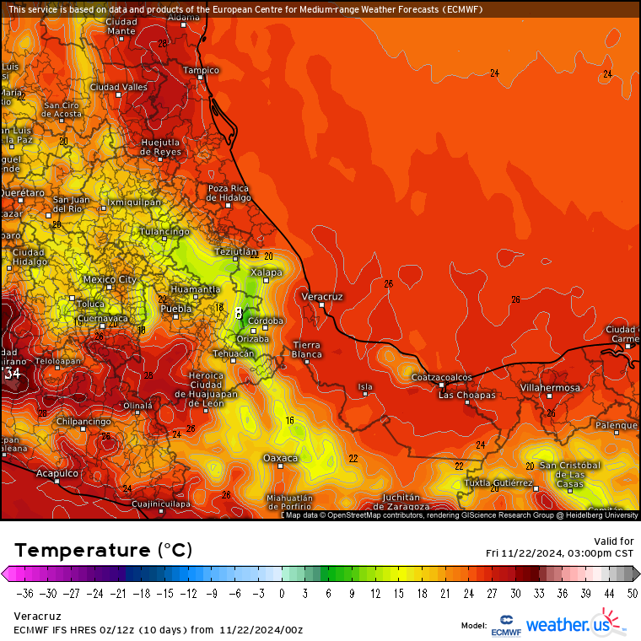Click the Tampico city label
[201, 70]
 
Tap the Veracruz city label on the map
[322, 297]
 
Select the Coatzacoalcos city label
[440, 377]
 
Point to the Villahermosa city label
[550, 387]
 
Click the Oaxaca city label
[280, 458]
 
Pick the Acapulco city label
[57, 474]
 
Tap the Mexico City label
[110, 279]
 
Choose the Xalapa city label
[265, 272]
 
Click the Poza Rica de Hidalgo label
[229, 193]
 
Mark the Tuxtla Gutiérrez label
[498, 483]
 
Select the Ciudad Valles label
[118, 87]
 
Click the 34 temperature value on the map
[12, 373]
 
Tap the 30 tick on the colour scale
[515, 593]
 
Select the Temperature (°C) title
[103, 550]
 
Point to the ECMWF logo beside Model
[506, 624]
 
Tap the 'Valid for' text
[614, 541]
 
